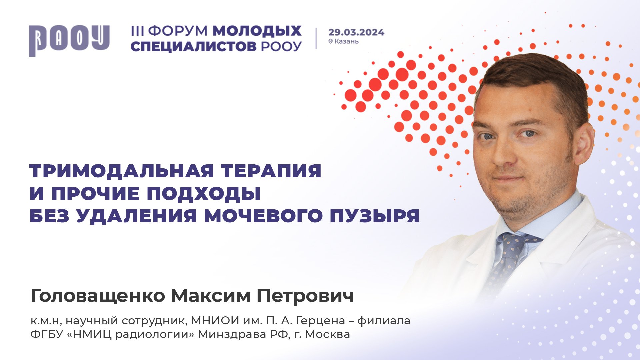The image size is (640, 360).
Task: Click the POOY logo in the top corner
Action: [x=69, y=40]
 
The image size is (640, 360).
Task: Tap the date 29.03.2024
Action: [x=356, y=32]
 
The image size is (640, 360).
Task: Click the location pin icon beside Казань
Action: [x=331, y=41]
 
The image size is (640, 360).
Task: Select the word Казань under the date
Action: [x=346, y=41]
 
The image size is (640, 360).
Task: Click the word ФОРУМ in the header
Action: [x=178, y=31]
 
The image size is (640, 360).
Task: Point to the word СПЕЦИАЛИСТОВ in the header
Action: [x=193, y=47]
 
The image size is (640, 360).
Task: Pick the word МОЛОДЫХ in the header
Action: [x=257, y=31]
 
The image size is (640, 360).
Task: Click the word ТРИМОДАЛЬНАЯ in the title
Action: [x=122, y=171]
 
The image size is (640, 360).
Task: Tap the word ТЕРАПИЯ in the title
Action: [x=271, y=171]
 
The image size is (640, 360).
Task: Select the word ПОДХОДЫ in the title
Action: [x=204, y=193]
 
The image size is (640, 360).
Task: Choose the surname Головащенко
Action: [x=98, y=296]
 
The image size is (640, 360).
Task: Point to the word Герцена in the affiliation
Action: [x=320, y=321]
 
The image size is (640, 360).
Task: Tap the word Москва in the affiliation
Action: [x=327, y=334]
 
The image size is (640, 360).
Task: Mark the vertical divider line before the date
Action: [x=316, y=38]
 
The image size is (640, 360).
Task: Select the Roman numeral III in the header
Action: [x=137, y=31]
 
